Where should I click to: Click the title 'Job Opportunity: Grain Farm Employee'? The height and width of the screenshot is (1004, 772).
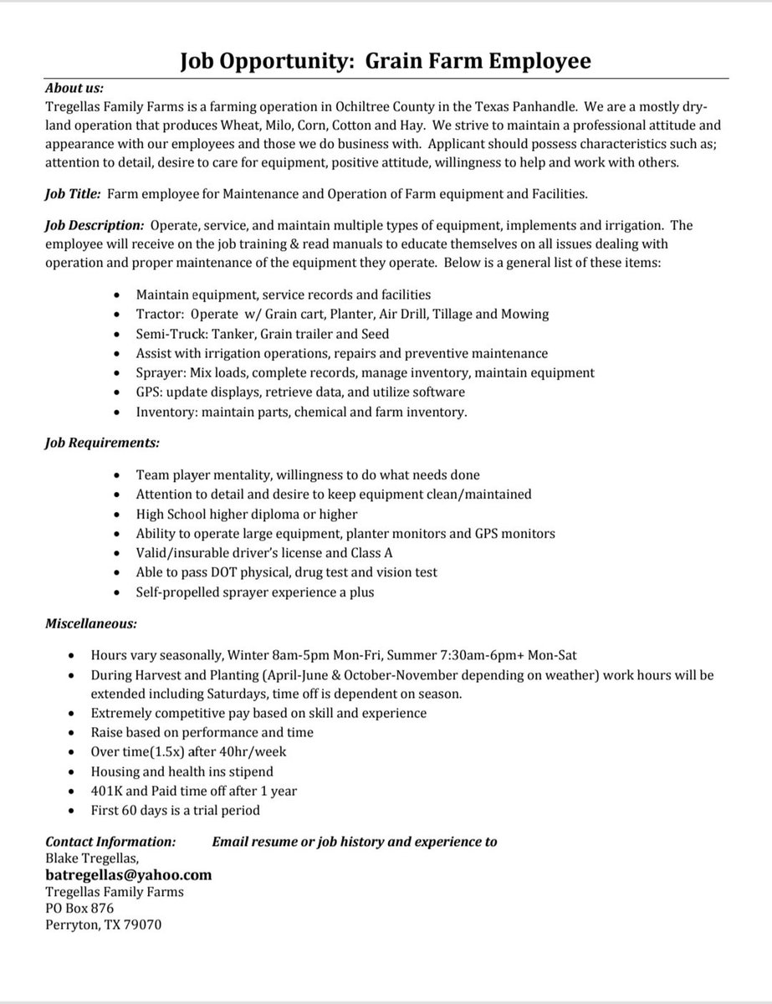pos(386,61)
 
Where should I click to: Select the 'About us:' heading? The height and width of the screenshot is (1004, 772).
pos(74,89)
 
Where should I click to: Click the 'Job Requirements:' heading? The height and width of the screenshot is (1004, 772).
pos(100,441)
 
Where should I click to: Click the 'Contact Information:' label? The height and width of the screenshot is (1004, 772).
pos(110,842)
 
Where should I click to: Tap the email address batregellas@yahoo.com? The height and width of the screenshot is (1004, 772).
pos(128,874)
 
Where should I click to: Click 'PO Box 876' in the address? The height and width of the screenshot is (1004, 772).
pos(79,908)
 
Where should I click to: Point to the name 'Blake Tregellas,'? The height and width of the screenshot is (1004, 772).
pos(93,858)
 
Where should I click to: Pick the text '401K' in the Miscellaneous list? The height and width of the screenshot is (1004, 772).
pos(106,790)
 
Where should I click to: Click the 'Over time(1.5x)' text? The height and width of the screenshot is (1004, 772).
pos(136,751)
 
